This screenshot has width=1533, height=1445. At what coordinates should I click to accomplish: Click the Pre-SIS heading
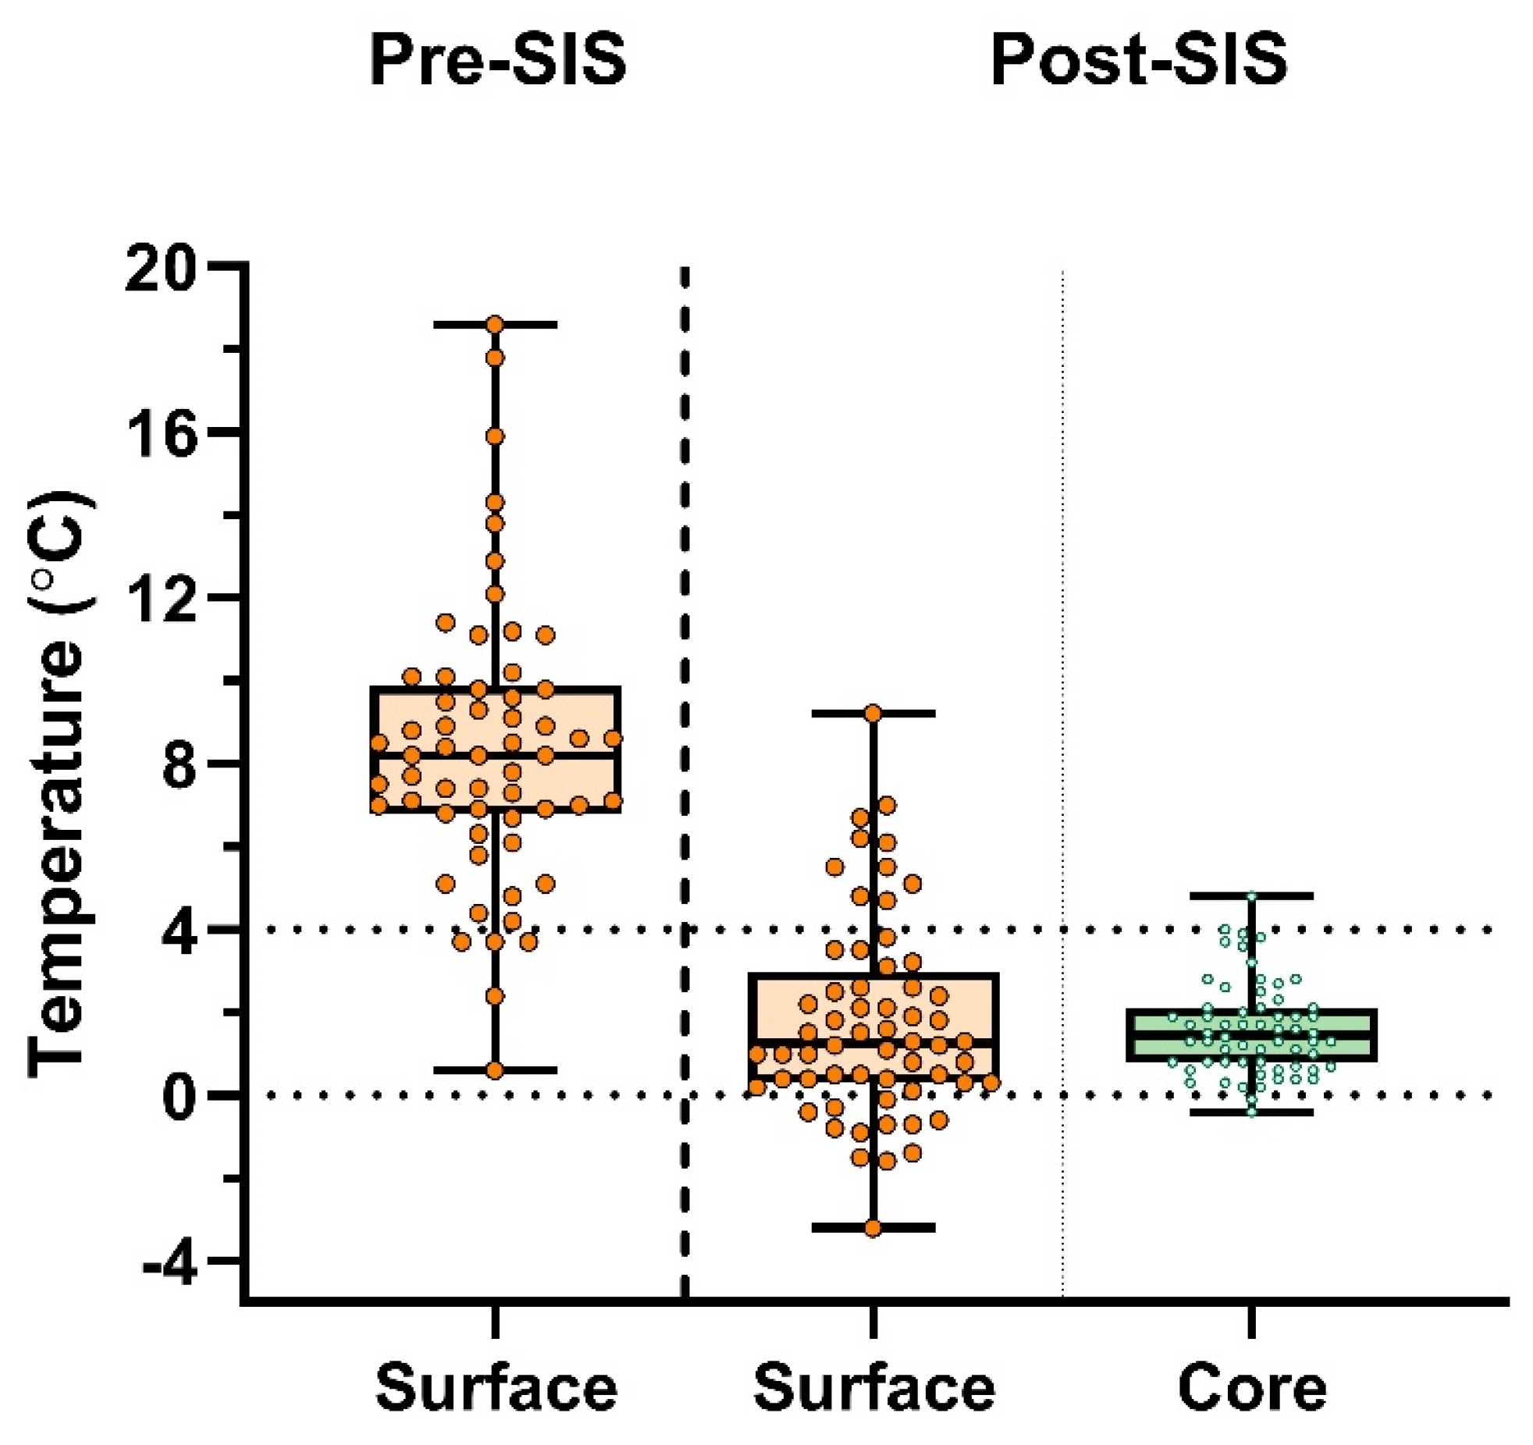(x=497, y=61)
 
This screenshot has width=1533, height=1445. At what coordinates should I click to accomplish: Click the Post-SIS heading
(x=1139, y=61)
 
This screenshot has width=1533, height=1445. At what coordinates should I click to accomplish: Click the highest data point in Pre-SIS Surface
(x=495, y=324)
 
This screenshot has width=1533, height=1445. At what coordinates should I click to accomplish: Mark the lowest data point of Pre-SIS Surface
(x=495, y=1070)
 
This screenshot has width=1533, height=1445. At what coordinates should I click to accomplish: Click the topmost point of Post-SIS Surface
(x=873, y=714)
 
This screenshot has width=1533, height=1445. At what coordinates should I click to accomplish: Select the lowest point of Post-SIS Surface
(x=873, y=1228)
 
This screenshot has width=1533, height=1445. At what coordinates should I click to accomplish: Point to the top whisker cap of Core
(x=1251, y=895)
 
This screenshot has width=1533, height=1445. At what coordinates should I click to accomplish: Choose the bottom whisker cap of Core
(x=1251, y=1112)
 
